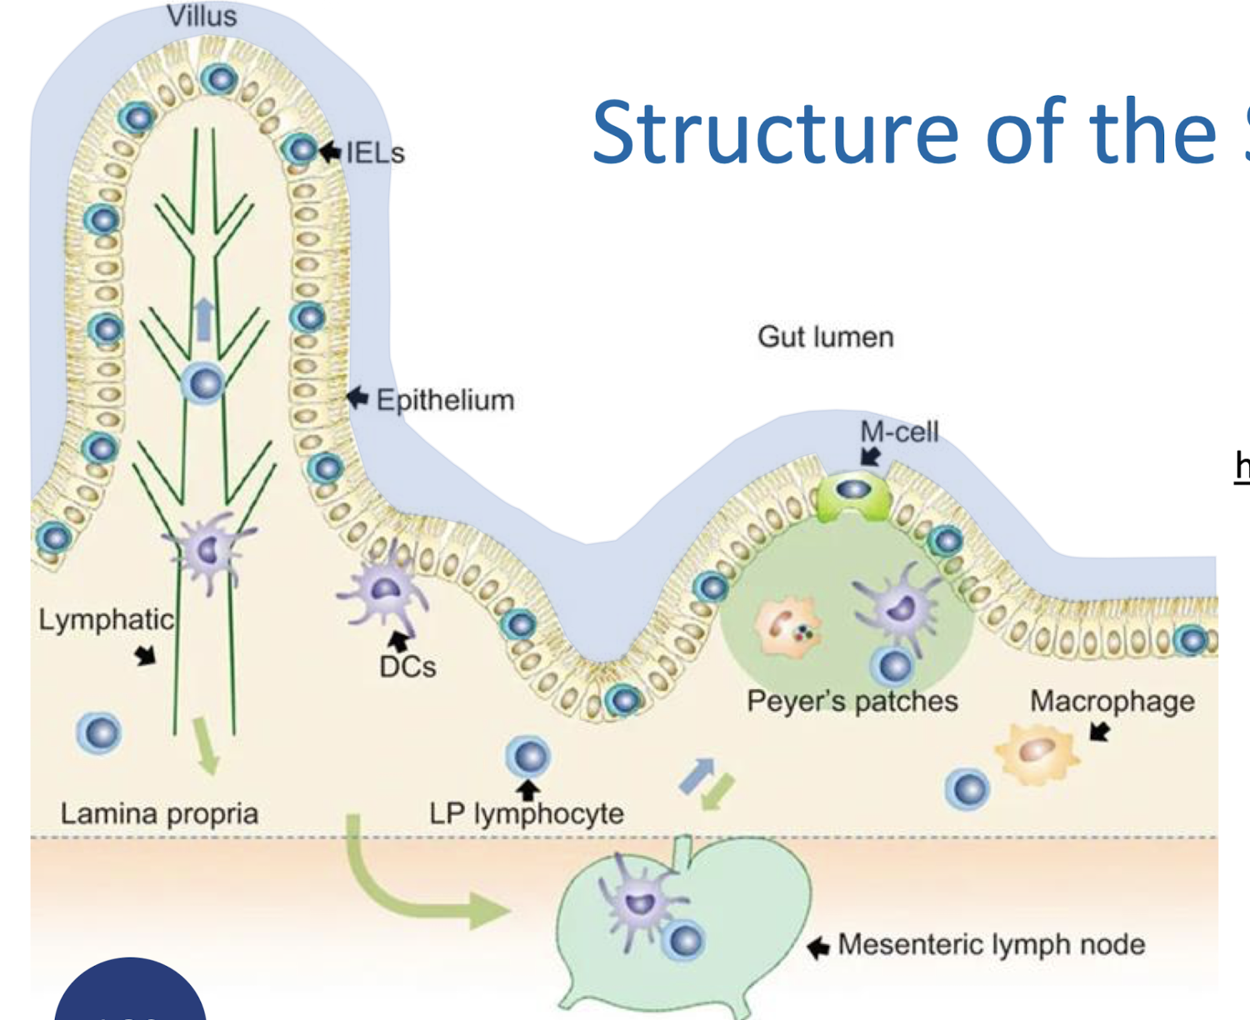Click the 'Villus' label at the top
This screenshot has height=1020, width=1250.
202,16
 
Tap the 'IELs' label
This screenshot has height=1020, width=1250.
375,153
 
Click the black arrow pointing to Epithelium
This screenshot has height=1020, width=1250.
357,397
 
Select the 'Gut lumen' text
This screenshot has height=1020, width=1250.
825,337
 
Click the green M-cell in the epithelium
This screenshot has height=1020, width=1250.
853,495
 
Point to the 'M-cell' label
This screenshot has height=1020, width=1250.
899,432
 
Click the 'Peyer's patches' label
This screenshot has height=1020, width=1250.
852,702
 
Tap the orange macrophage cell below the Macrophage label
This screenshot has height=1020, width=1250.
1036,753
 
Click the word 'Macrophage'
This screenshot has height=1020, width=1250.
1112,702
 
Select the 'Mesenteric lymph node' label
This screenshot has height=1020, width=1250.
991,945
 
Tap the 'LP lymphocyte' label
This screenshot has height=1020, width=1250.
526,813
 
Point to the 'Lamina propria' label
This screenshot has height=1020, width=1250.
159,813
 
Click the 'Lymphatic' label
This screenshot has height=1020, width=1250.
106,620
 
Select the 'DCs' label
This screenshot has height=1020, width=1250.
407,667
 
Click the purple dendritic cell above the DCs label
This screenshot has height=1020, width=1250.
383,591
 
